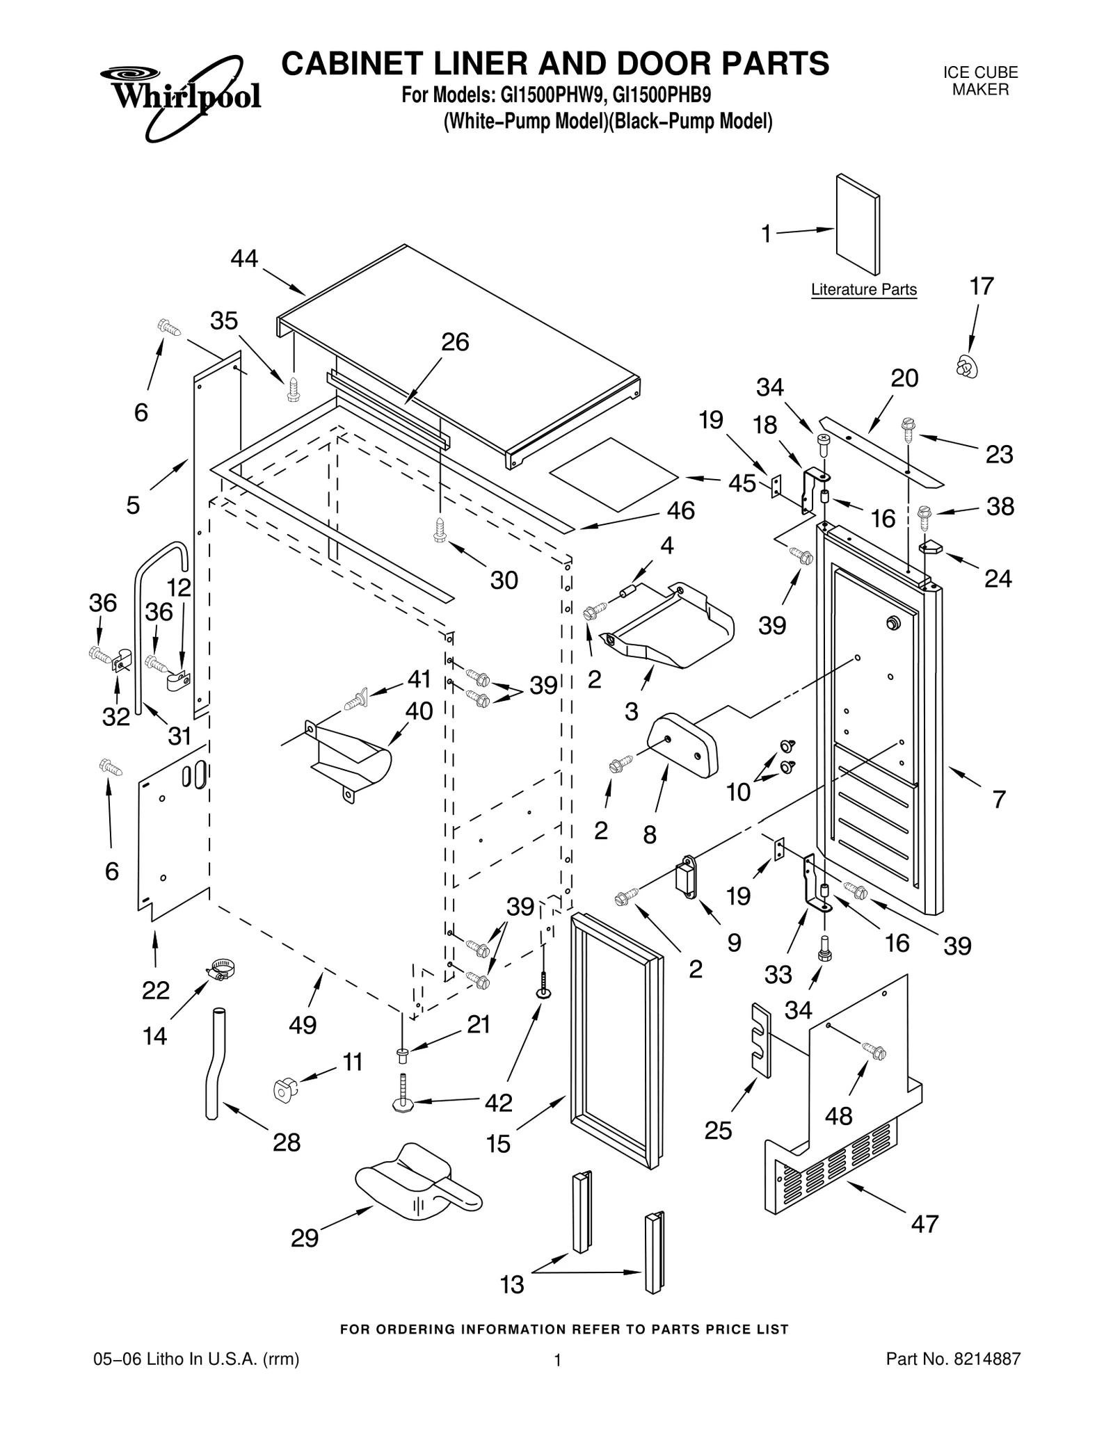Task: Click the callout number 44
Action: point(244,259)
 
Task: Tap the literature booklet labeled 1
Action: point(858,225)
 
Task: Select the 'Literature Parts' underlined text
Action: point(863,290)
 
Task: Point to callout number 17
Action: point(982,286)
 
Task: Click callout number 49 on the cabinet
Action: point(303,1025)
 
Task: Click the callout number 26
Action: point(455,342)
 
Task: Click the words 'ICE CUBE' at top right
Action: point(980,73)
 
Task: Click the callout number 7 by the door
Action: point(999,800)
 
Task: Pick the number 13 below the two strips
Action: point(512,1285)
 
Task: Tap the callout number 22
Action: point(155,990)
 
